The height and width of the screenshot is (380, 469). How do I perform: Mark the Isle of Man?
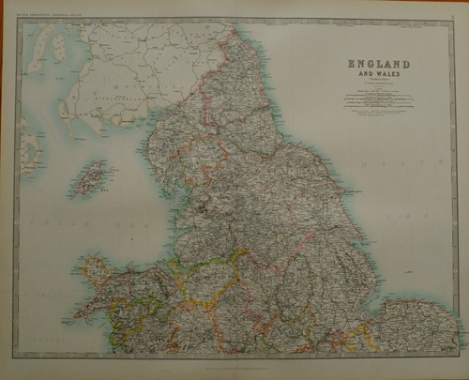coord(90,176)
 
